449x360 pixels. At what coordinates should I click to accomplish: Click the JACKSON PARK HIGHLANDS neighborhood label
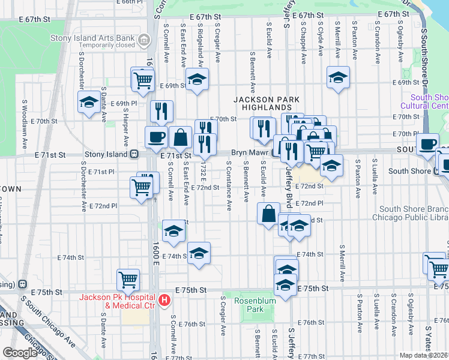(263, 103)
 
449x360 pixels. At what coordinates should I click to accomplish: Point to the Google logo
(20, 353)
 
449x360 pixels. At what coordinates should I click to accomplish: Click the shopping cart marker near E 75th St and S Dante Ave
(128, 278)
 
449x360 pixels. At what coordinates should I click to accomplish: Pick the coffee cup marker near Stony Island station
(156, 136)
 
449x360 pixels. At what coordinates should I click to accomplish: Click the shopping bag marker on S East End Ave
(180, 137)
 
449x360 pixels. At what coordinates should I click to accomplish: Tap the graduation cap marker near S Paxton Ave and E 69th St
(339, 77)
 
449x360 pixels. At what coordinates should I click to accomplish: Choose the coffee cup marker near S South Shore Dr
(428, 144)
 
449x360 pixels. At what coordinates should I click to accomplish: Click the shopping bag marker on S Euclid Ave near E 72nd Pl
(269, 213)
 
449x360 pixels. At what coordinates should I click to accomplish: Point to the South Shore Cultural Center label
(429, 101)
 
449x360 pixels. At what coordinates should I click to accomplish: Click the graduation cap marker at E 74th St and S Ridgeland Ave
(199, 253)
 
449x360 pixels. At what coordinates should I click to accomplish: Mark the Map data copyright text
(424, 355)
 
